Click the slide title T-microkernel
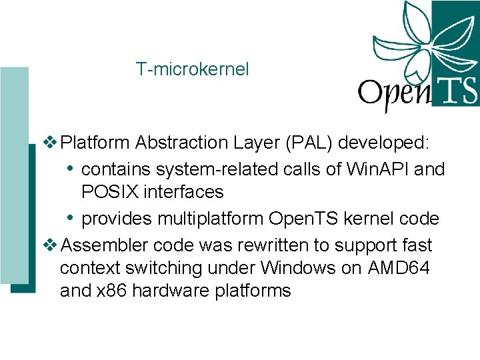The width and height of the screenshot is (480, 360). click(192, 69)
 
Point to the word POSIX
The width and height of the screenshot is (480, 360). click(109, 192)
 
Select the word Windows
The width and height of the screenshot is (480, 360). click(301, 268)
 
